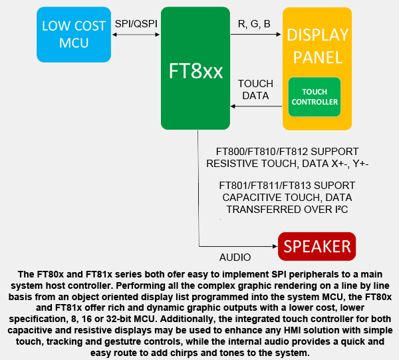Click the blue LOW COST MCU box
pos(74,34)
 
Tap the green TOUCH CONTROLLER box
pos(315,97)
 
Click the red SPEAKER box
pos(317,246)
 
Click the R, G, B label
pos(253,25)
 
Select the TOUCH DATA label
pos(255,90)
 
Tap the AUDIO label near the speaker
pos(235,257)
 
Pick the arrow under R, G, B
pos(256,37)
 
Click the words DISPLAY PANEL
pos(317,45)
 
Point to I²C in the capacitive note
pos(337,210)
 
